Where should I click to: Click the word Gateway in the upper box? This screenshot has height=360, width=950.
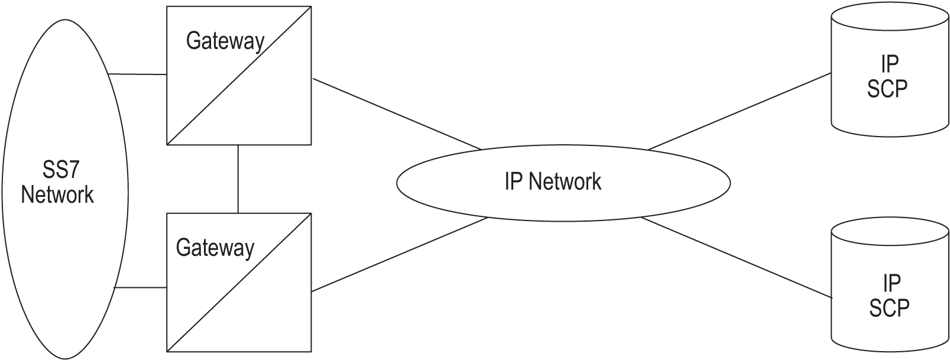(225, 41)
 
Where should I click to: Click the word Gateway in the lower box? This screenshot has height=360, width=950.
(215, 248)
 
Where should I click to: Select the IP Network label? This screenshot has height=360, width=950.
(553, 181)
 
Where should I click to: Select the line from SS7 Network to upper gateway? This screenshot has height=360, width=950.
(138, 74)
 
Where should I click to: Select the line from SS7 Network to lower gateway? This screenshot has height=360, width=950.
(140, 288)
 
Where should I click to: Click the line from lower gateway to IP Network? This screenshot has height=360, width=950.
(399, 254)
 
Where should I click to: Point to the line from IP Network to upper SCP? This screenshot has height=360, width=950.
(739, 112)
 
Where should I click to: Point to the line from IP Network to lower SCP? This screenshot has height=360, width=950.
(736, 258)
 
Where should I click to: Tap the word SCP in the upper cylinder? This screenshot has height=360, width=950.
(887, 89)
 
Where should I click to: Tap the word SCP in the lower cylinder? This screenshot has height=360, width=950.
(889, 308)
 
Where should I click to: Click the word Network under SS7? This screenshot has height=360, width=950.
(57, 194)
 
